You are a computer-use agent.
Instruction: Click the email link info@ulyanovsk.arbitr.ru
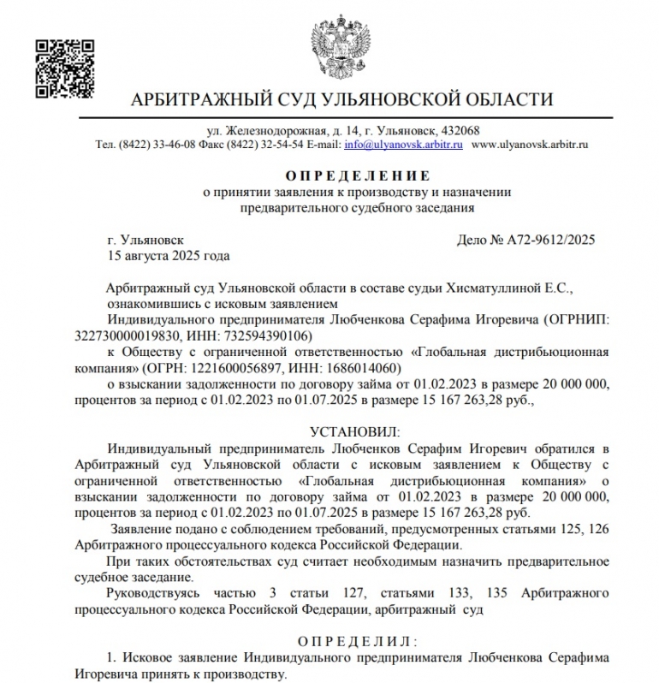coord(404,146)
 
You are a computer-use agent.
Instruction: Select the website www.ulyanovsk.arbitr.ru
coord(531,146)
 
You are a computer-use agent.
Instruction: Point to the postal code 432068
coord(460,131)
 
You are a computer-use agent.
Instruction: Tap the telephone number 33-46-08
coord(175,146)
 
